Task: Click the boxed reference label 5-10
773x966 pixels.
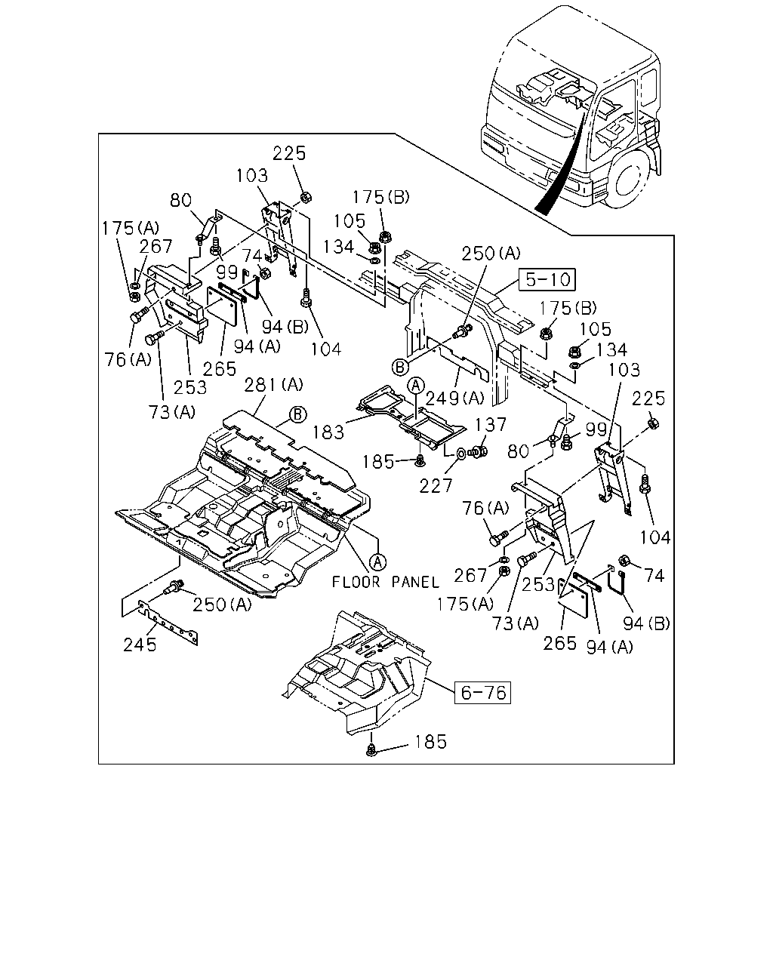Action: pyautogui.click(x=547, y=280)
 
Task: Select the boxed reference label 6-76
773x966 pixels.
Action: pyautogui.click(x=483, y=693)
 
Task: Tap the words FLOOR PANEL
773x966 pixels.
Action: pyautogui.click(x=386, y=582)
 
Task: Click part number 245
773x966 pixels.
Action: pyautogui.click(x=140, y=645)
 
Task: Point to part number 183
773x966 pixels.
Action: pyautogui.click(x=328, y=432)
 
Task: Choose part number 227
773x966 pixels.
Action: pyautogui.click(x=436, y=486)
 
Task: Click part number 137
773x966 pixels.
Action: pyautogui.click(x=491, y=424)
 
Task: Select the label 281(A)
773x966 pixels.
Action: pyautogui.click(x=273, y=385)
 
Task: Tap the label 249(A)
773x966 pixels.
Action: pyautogui.click(x=455, y=398)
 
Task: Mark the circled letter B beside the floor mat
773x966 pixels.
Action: pyautogui.click(x=297, y=414)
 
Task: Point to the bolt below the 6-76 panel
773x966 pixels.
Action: pyautogui.click(x=371, y=749)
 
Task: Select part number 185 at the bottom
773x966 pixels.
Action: pyautogui.click(x=431, y=742)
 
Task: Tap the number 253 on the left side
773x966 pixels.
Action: pyautogui.click(x=190, y=387)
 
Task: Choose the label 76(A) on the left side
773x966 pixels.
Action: pyautogui.click(x=128, y=359)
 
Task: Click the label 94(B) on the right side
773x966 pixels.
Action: pyautogui.click(x=646, y=623)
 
